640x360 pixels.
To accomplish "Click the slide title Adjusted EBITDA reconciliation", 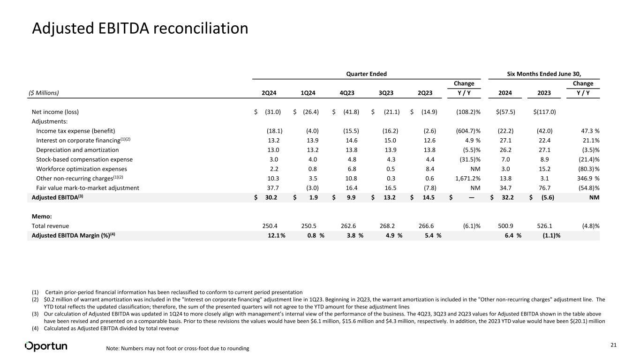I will pyautogui.click(x=140, y=29).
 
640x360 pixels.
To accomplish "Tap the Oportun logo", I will pyautogui.click(x=46, y=346).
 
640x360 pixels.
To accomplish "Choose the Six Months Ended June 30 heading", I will pyautogui.click(x=544, y=74).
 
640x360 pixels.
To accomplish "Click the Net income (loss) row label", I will pyautogui.click(x=55, y=112).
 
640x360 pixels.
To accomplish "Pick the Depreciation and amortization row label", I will pyautogui.click(x=77, y=150).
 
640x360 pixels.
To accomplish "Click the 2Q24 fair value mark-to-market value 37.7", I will pyautogui.click(x=274, y=188).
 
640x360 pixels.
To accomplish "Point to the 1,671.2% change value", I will pyautogui.click(x=465, y=178).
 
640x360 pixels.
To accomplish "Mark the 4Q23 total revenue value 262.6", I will pyautogui.click(x=353, y=226).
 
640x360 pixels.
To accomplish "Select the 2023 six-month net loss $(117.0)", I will pyautogui.click(x=544, y=112).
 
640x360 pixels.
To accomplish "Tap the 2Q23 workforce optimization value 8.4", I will pyautogui.click(x=430, y=169).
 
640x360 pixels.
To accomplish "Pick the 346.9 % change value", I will pyautogui.click(x=587, y=178).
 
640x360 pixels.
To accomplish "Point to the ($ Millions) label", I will pyautogui.click(x=45, y=93).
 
